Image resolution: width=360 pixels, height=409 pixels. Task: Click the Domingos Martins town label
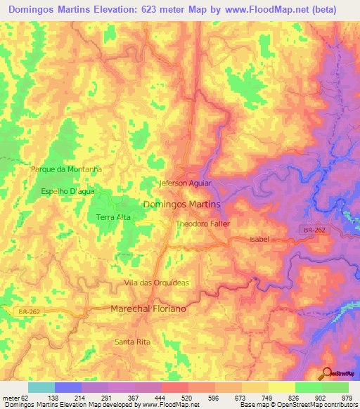click(x=181, y=204)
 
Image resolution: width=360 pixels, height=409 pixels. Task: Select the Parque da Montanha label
click(x=67, y=169)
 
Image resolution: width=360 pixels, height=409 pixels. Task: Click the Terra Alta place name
click(x=112, y=218)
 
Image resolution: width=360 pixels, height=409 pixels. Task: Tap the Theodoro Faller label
click(x=202, y=223)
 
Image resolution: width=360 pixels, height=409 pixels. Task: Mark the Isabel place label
click(x=259, y=240)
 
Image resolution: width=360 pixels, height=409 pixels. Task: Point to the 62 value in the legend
click(x=25, y=397)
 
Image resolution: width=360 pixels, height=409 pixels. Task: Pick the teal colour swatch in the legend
click(x=41, y=387)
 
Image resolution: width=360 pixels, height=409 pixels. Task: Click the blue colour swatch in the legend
click(x=68, y=387)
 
